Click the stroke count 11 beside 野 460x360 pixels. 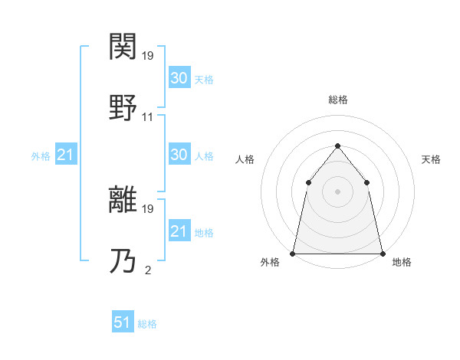tap(148, 117)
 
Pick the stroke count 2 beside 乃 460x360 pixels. tap(148, 270)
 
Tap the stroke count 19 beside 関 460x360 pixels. tap(148, 56)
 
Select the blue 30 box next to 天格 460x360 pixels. tap(179, 77)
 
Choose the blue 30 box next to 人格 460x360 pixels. tap(179, 155)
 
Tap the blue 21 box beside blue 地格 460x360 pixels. tap(179, 231)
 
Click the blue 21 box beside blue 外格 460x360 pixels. tap(65, 155)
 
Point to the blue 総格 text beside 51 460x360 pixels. tap(147, 324)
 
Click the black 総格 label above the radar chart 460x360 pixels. tap(338, 100)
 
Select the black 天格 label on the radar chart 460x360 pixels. tap(431, 159)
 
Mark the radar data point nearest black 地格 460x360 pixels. tap(382, 253)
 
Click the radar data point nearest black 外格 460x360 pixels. tap(293, 253)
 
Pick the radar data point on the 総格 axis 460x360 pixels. tap(337, 146)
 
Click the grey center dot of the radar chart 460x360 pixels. tap(337, 191)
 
